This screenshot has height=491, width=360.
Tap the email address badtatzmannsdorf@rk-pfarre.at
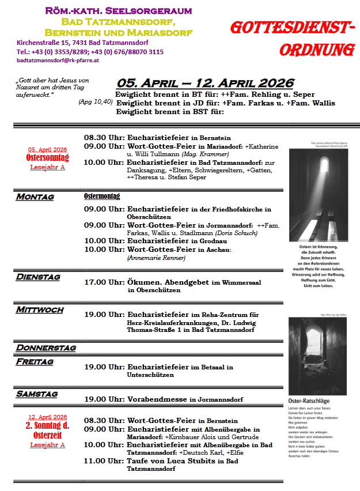click(x=59, y=60)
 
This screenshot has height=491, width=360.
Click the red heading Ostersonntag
click(x=47, y=158)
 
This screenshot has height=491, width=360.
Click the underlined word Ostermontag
click(x=102, y=197)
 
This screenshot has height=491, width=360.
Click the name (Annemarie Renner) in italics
click(x=156, y=258)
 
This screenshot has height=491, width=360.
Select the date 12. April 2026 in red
click(x=48, y=417)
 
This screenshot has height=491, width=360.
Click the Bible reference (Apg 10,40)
click(x=95, y=102)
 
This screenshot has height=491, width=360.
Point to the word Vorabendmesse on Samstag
click(x=161, y=399)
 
